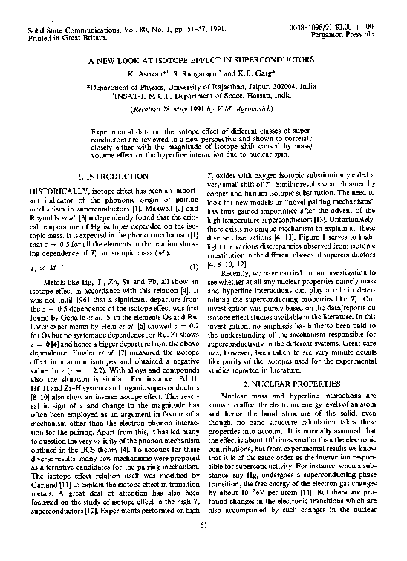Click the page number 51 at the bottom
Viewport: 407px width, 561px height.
point(203,545)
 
